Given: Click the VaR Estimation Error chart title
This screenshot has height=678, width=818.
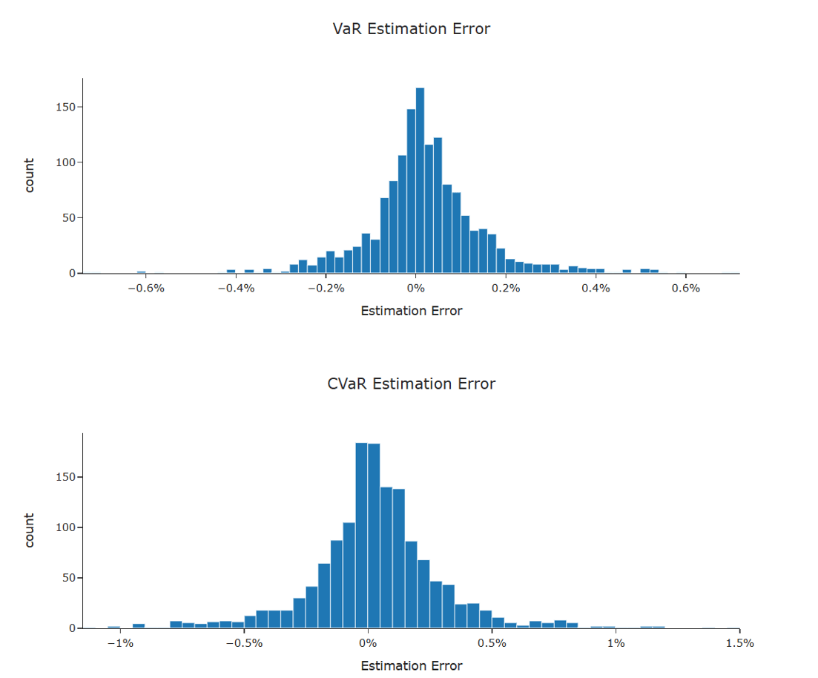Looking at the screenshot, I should tap(411, 29).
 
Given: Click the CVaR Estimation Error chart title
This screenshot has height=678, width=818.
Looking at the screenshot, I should tap(411, 384).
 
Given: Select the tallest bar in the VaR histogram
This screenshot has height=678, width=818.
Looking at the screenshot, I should tap(420, 181).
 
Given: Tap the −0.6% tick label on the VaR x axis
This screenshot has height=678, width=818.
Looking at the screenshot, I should tap(145, 288).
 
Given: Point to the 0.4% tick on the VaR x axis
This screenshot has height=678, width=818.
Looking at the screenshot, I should tap(596, 288).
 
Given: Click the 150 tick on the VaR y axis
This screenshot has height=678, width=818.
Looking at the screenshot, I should tap(66, 107).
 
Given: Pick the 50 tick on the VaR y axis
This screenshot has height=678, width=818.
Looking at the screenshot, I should tap(69, 218).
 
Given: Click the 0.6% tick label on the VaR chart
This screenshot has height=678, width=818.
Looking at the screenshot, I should tap(685, 288).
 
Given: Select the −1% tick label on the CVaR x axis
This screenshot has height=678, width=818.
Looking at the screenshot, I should tap(120, 642).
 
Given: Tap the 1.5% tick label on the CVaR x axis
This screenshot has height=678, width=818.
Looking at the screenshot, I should tap(739, 642).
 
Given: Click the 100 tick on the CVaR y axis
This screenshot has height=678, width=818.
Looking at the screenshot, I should tap(66, 527).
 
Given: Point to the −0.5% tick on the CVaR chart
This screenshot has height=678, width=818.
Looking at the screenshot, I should tap(243, 642).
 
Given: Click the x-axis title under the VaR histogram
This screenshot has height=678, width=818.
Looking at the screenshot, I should tap(411, 311).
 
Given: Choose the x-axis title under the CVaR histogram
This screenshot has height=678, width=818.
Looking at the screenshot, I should tap(411, 665).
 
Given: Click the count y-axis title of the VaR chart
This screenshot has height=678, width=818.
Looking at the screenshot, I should tap(30, 175).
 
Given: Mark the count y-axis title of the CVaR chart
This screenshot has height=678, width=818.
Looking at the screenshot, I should tap(30, 530).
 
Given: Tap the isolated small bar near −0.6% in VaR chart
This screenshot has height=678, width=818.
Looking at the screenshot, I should tap(141, 272).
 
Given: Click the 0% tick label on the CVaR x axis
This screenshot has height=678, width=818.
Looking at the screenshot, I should tap(368, 642).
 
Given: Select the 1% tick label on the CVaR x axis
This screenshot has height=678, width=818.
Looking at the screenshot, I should tap(616, 642).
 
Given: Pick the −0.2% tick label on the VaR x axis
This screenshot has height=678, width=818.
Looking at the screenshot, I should tap(325, 288).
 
